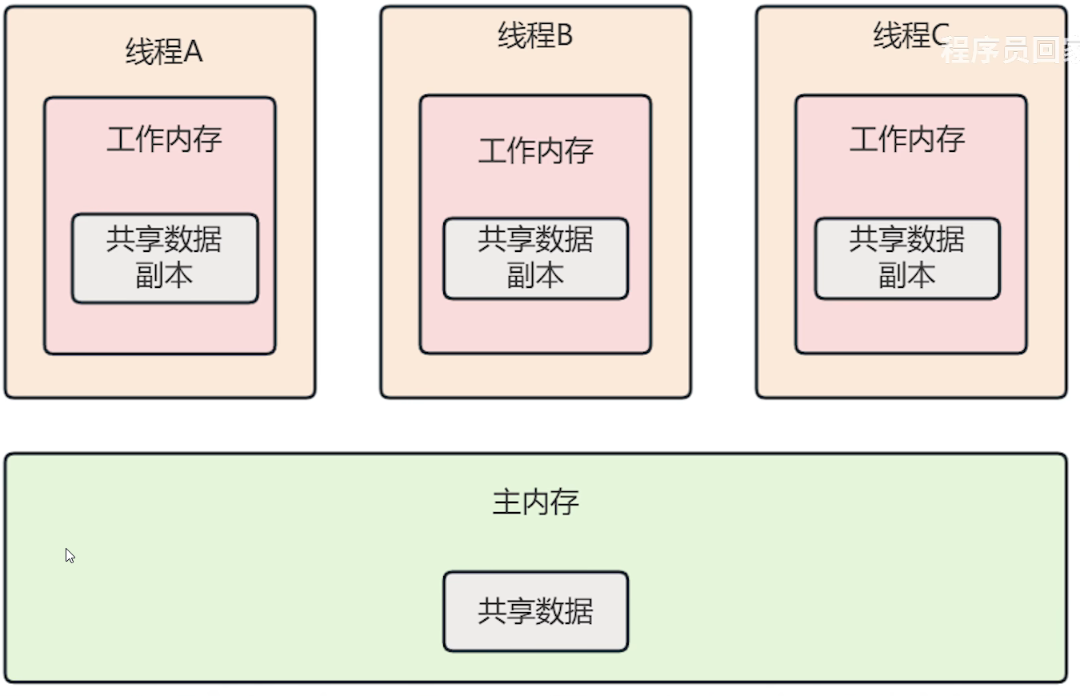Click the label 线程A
164,52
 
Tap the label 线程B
535,36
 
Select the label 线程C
910,36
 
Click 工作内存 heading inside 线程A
164,140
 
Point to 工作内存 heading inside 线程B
535,150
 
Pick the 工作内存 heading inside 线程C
907,140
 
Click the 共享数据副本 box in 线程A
165,258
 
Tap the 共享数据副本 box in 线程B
535,258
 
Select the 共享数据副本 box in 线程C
907,258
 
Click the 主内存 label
535,502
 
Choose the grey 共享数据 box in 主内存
535,611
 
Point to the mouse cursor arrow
70,555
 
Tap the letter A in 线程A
194,52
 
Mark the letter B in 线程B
564,36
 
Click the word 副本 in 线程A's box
164,276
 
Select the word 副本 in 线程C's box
907,276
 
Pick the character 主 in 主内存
506,502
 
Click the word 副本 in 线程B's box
535,276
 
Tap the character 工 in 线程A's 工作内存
121,140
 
